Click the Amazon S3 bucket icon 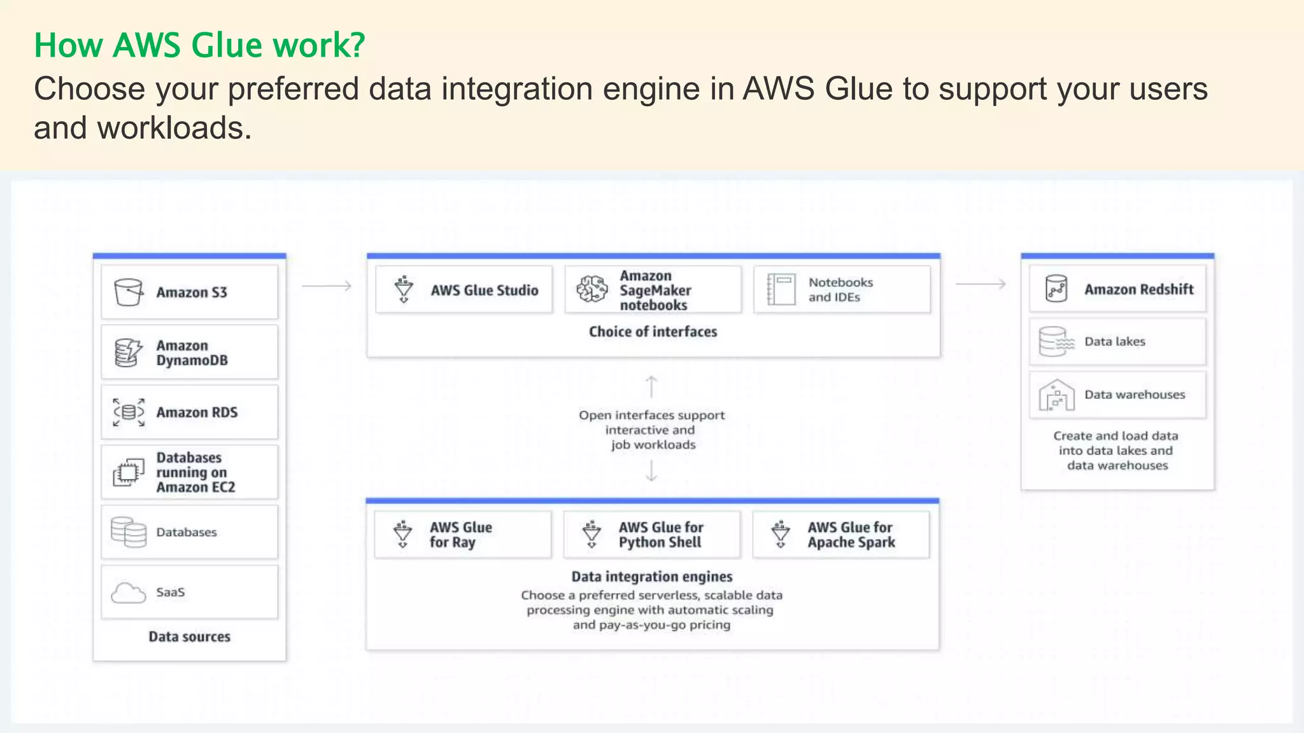[128, 292]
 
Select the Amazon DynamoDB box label [192, 353]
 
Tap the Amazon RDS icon [129, 412]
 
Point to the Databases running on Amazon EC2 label [195, 472]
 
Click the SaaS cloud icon [128, 592]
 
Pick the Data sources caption [189, 636]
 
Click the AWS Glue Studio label [484, 290]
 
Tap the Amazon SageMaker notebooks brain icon [592, 290]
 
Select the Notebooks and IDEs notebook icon [781, 290]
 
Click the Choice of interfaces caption [653, 332]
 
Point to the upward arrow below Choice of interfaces [651, 386]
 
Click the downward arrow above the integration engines [651, 471]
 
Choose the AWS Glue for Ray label [460, 534]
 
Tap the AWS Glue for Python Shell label [660, 534]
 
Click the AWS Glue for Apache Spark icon [781, 534]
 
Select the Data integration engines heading [651, 576]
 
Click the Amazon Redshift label [1138, 289]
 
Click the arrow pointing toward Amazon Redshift [981, 284]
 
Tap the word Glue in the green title [226, 45]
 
